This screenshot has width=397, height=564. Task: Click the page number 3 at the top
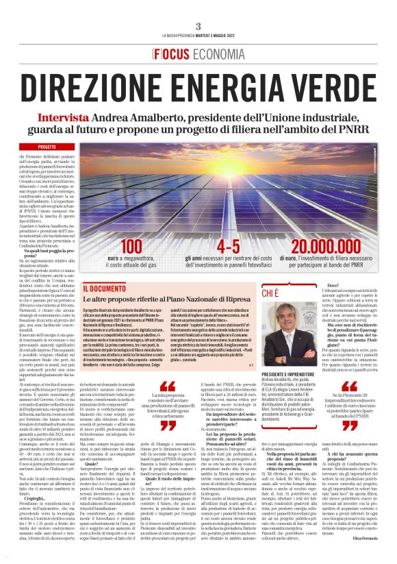tap(198, 26)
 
